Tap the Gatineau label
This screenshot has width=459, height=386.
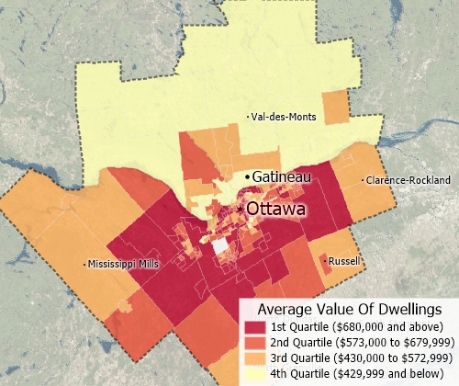tap(282, 176)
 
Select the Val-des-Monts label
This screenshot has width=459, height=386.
tap(285, 116)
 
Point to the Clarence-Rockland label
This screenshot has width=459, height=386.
tap(409, 179)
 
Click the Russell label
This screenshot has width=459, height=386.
tap(343, 260)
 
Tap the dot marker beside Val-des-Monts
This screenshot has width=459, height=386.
tap(252, 116)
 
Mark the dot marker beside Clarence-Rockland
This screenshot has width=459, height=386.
tap(364, 179)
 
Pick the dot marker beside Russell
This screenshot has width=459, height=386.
tap(325, 260)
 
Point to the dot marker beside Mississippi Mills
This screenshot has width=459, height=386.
tap(84, 264)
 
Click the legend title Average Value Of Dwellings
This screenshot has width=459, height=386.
tap(343, 309)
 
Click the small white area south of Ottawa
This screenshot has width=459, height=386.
tap(220, 245)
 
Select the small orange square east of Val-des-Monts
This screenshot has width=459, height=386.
tap(335, 108)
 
